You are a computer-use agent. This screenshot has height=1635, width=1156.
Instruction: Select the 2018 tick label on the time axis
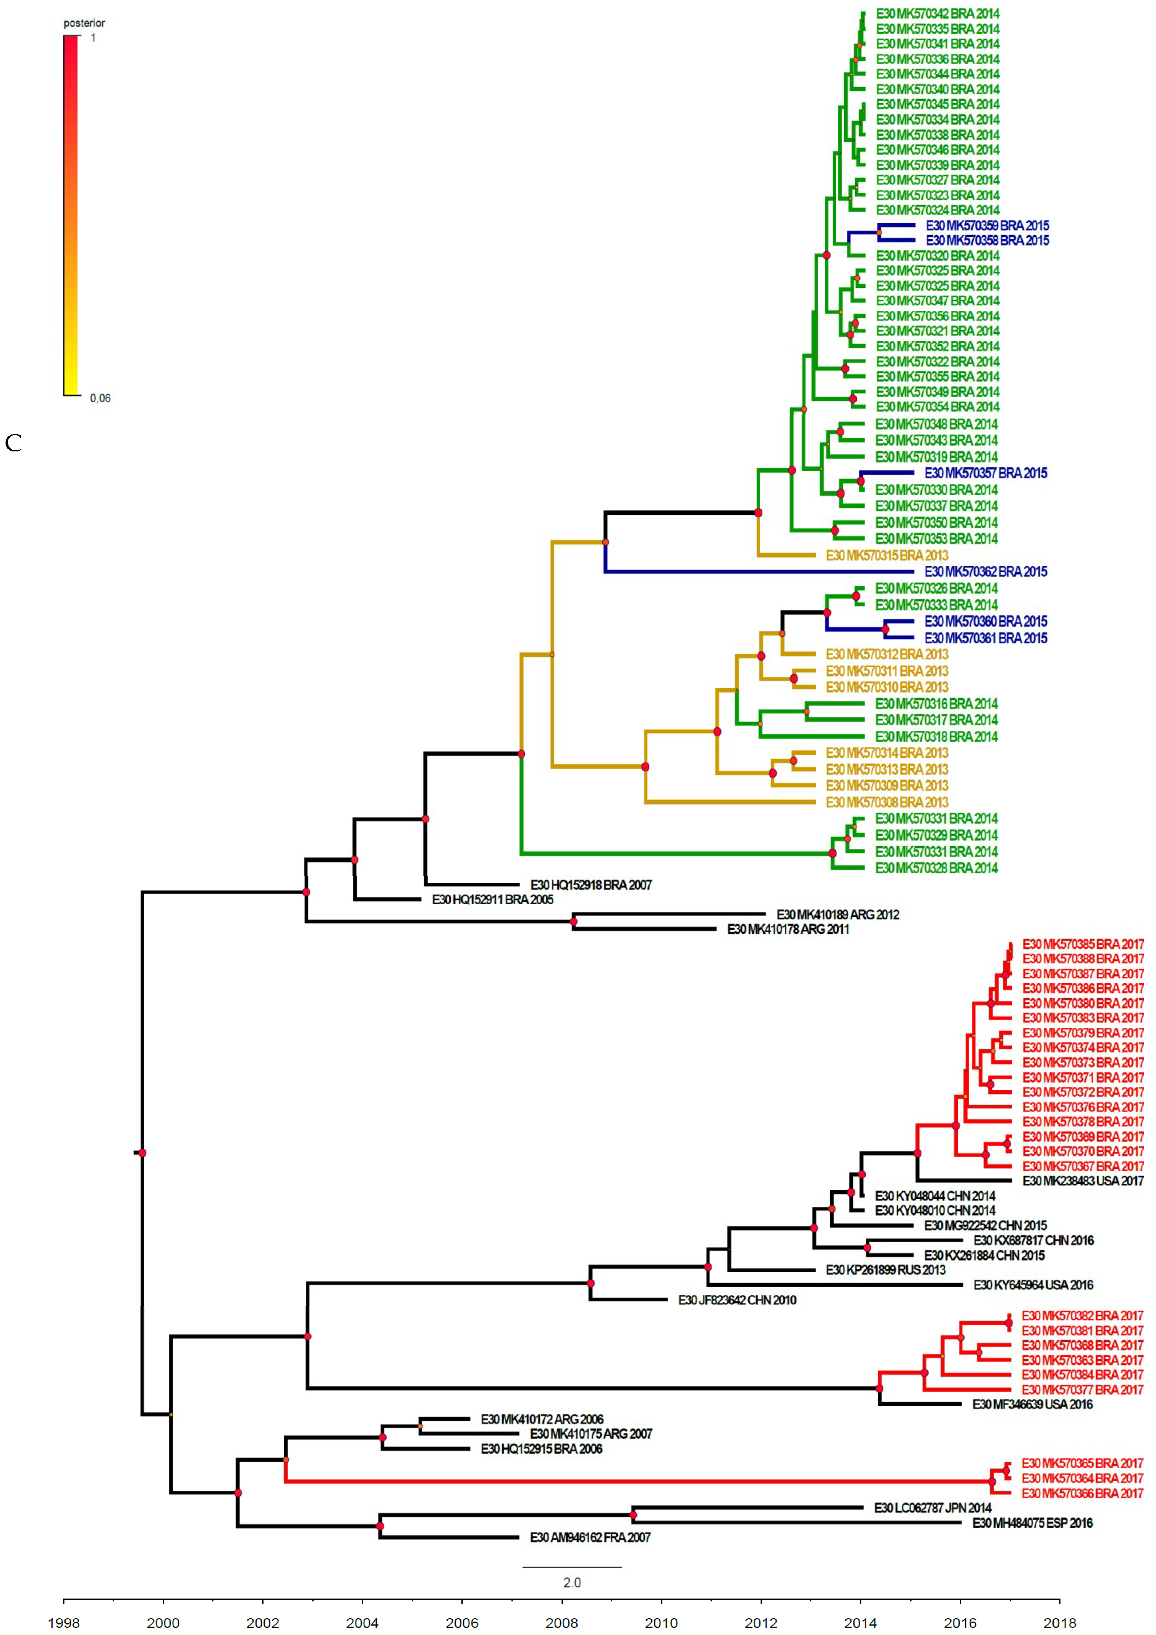pos(1059,1622)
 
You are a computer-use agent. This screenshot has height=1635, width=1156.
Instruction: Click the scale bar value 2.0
pos(572,1582)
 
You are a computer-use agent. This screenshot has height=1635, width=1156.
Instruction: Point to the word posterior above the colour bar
pos(84,23)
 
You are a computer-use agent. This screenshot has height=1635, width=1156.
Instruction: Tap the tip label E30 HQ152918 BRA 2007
pos(591,884)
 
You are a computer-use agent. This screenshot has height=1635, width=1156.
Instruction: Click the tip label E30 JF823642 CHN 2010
pos(737,1300)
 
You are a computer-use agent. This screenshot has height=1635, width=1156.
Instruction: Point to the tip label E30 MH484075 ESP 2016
pos(1032,1522)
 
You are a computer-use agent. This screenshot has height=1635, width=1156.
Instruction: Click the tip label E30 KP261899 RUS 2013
pos(885,1270)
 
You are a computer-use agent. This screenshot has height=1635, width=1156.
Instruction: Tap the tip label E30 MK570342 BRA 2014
pos(938,13)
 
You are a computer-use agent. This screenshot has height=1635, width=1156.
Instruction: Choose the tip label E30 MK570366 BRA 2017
pos(1082,1493)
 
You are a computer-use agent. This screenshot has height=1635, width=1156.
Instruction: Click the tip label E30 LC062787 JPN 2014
pos(933,1507)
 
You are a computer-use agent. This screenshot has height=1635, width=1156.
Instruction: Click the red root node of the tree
pos(142,1153)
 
